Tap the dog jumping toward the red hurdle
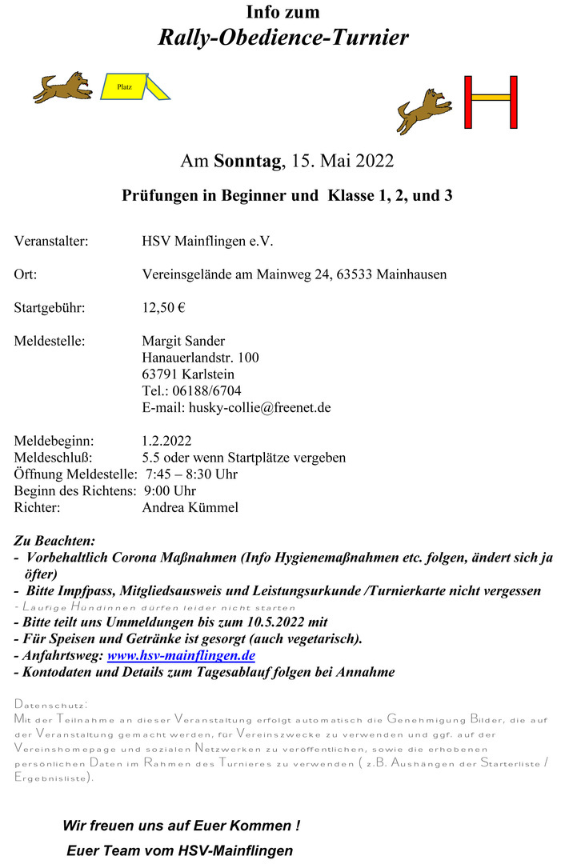[x=424, y=111]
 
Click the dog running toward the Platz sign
[x=62, y=86]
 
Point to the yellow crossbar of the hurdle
[x=491, y=98]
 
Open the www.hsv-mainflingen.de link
[x=181, y=655]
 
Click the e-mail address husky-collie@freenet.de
[x=259, y=407]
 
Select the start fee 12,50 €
[x=163, y=307]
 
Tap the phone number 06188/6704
[x=212, y=390]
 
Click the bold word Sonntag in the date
[x=247, y=161]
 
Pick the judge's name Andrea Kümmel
[x=190, y=507]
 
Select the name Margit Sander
[x=183, y=341]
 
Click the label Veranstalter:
[x=50, y=240]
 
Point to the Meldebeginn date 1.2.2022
[x=166, y=441]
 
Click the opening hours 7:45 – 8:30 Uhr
[x=192, y=474]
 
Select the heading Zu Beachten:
[x=54, y=542]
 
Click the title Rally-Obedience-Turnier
[x=283, y=37]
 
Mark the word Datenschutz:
[x=50, y=704]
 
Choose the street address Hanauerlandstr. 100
[x=200, y=357]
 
